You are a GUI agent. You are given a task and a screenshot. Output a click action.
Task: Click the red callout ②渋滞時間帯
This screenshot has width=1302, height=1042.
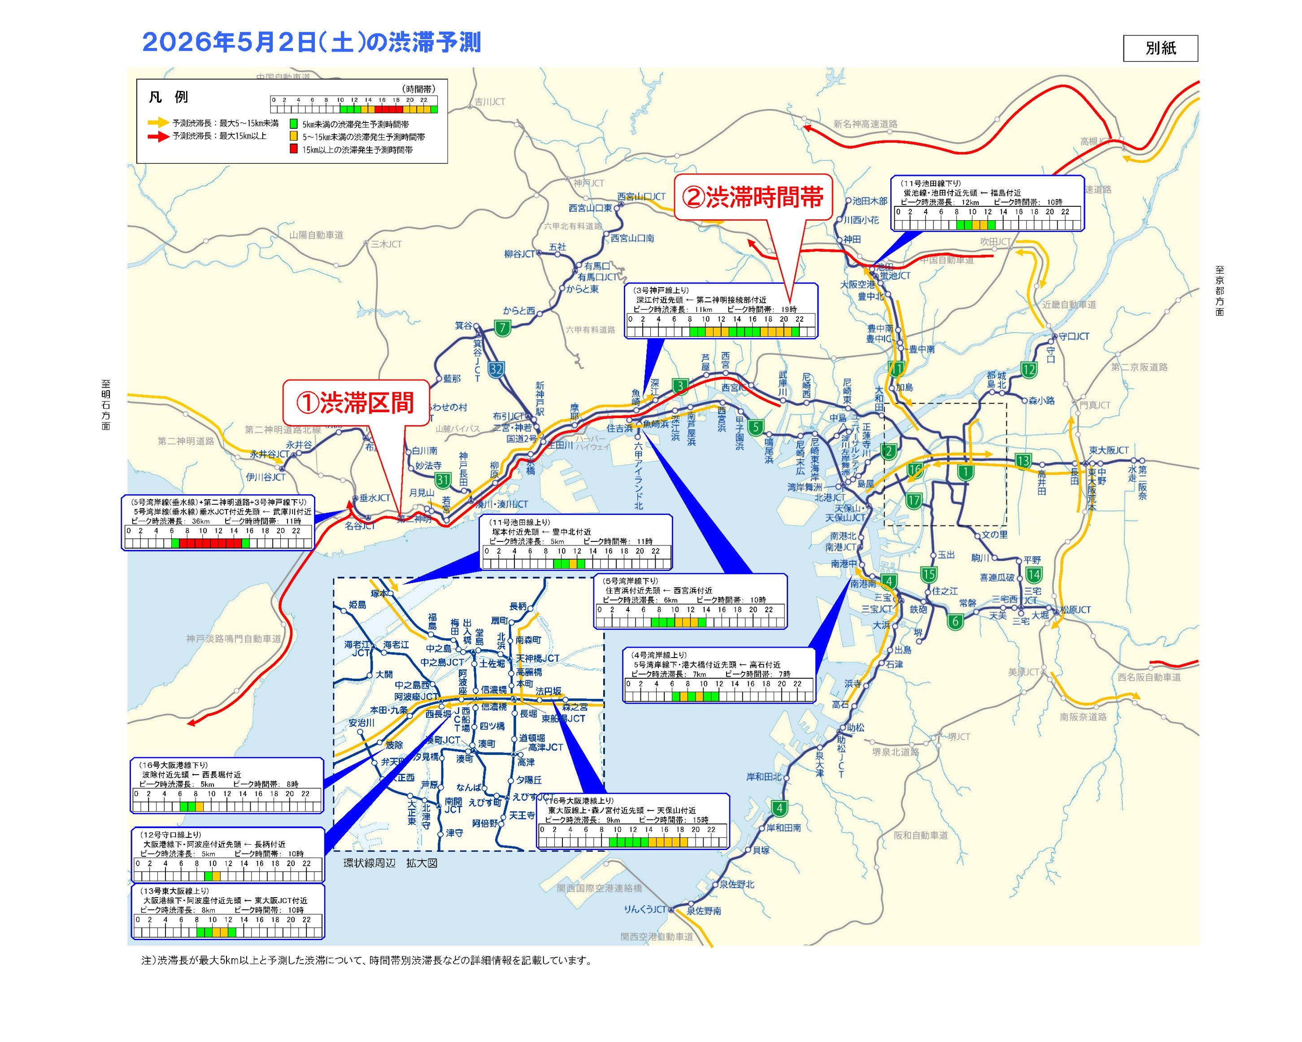tap(753, 197)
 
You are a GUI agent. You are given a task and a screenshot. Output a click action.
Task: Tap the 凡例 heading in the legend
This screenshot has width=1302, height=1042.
tap(169, 96)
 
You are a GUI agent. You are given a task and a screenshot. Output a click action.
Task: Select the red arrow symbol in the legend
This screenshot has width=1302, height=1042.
tap(158, 136)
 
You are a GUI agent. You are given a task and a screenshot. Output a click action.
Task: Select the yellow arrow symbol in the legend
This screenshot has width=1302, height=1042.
tap(158, 122)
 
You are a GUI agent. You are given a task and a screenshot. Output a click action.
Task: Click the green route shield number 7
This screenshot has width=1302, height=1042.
tap(502, 328)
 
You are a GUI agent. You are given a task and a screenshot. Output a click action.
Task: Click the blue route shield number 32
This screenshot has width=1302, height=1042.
tap(496, 370)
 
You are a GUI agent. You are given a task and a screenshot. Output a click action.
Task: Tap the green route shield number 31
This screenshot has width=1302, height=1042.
tap(443, 480)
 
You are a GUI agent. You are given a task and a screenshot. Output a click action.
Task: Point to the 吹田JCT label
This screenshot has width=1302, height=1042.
tap(995, 242)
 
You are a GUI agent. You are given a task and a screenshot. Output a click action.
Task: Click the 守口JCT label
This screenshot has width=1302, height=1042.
tap(1074, 336)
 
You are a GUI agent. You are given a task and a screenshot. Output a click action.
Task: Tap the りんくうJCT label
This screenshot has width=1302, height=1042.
tap(644, 909)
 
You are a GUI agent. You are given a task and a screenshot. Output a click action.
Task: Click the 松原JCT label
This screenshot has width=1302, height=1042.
tap(1075, 610)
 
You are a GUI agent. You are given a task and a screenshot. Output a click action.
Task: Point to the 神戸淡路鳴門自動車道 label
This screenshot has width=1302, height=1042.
tap(234, 638)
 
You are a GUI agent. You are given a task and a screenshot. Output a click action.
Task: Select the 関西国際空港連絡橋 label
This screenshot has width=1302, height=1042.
tap(599, 889)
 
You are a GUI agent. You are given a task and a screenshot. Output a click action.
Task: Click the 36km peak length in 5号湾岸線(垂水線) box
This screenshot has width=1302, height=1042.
tap(200, 521)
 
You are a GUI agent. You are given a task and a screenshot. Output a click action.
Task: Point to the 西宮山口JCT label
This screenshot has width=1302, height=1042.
tap(641, 196)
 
